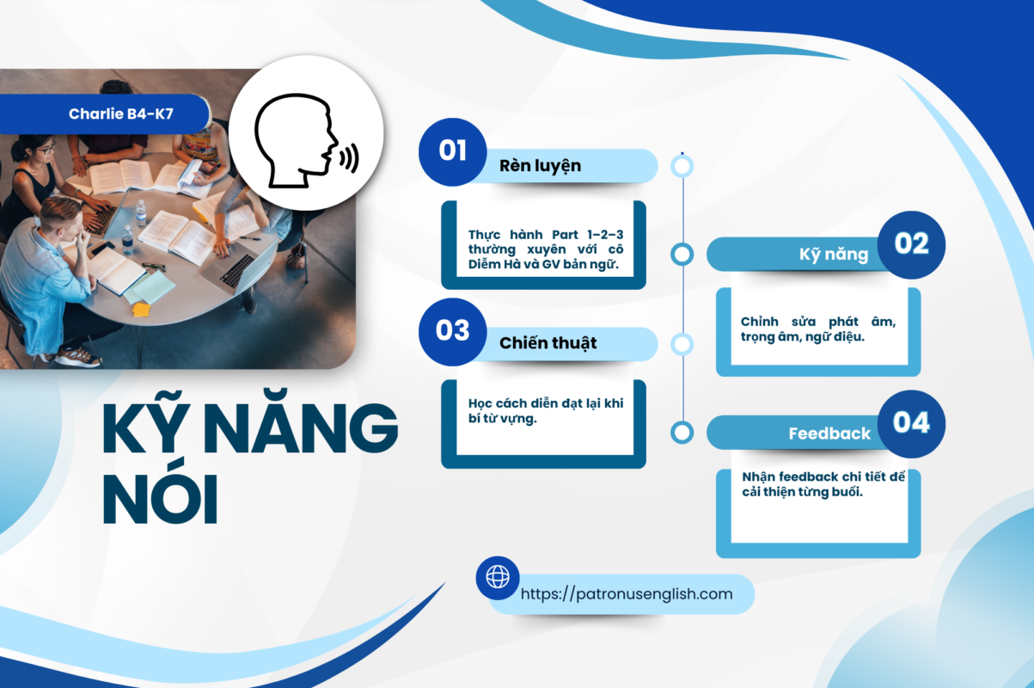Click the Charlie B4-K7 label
click(x=121, y=114)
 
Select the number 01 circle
click(x=452, y=151)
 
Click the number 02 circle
click(x=911, y=244)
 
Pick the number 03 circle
click(x=452, y=332)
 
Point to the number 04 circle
click(x=911, y=423)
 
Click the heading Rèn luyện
click(x=540, y=166)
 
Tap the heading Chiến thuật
click(x=548, y=343)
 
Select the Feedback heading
click(x=829, y=433)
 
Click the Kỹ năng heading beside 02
click(x=834, y=255)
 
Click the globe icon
click(x=498, y=577)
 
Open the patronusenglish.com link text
click(x=627, y=593)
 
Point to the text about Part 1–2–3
click(x=546, y=249)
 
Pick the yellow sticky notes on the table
click(x=141, y=309)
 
